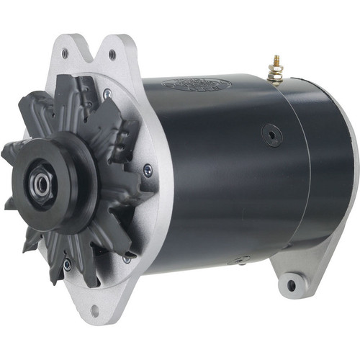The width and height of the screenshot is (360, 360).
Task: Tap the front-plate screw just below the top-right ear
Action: point(107,92)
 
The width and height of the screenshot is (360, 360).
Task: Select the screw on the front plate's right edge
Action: point(148,170)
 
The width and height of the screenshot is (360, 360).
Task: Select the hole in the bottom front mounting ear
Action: point(94,311)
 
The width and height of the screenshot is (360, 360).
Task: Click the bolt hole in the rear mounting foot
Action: point(291,285)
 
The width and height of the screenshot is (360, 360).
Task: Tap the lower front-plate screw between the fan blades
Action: point(67,264)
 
